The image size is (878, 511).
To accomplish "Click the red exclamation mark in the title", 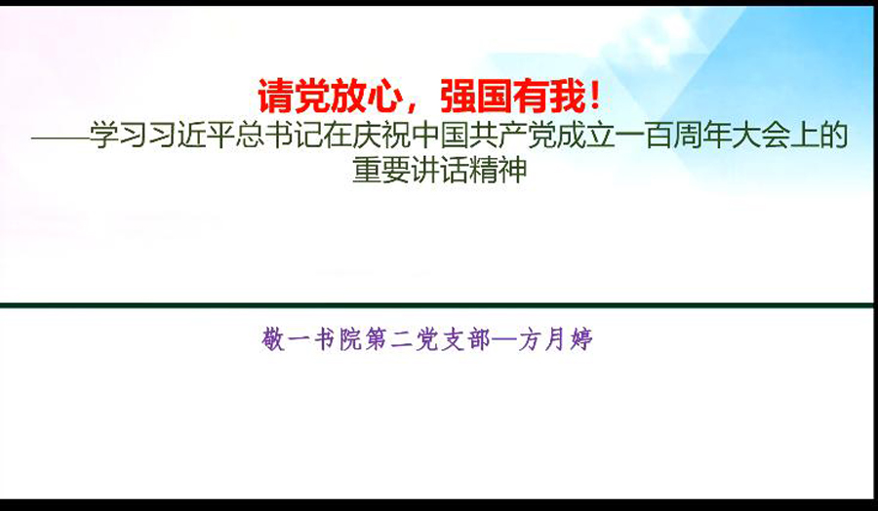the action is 595,97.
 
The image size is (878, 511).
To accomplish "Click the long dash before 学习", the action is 60,138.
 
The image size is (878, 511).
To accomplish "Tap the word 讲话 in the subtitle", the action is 439,170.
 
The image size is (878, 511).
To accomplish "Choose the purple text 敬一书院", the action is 312,339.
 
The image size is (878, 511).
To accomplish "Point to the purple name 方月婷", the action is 555,339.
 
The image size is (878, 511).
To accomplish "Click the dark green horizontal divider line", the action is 437,305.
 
